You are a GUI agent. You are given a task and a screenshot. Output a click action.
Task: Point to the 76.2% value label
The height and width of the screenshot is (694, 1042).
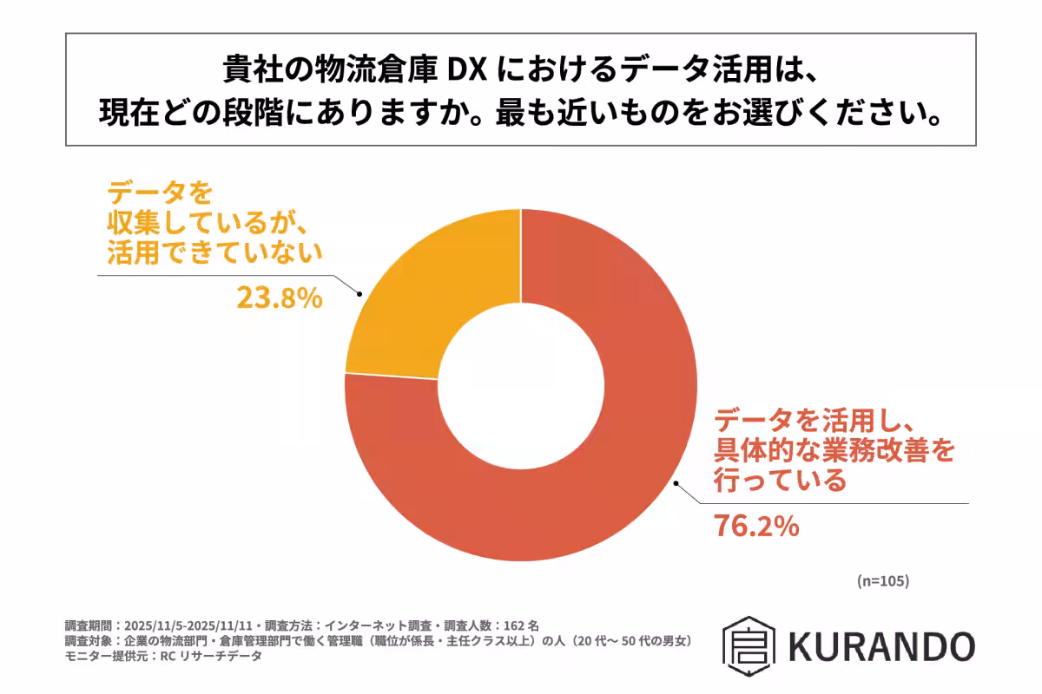755,527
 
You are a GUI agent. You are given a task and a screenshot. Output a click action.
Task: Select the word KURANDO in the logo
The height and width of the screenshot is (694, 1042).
882,646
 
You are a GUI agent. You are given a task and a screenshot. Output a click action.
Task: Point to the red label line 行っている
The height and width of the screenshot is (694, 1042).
779,481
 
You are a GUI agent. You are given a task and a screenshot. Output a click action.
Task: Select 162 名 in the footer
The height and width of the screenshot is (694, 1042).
521,625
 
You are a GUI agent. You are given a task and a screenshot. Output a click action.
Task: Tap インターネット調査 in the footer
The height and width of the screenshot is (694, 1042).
381,625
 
